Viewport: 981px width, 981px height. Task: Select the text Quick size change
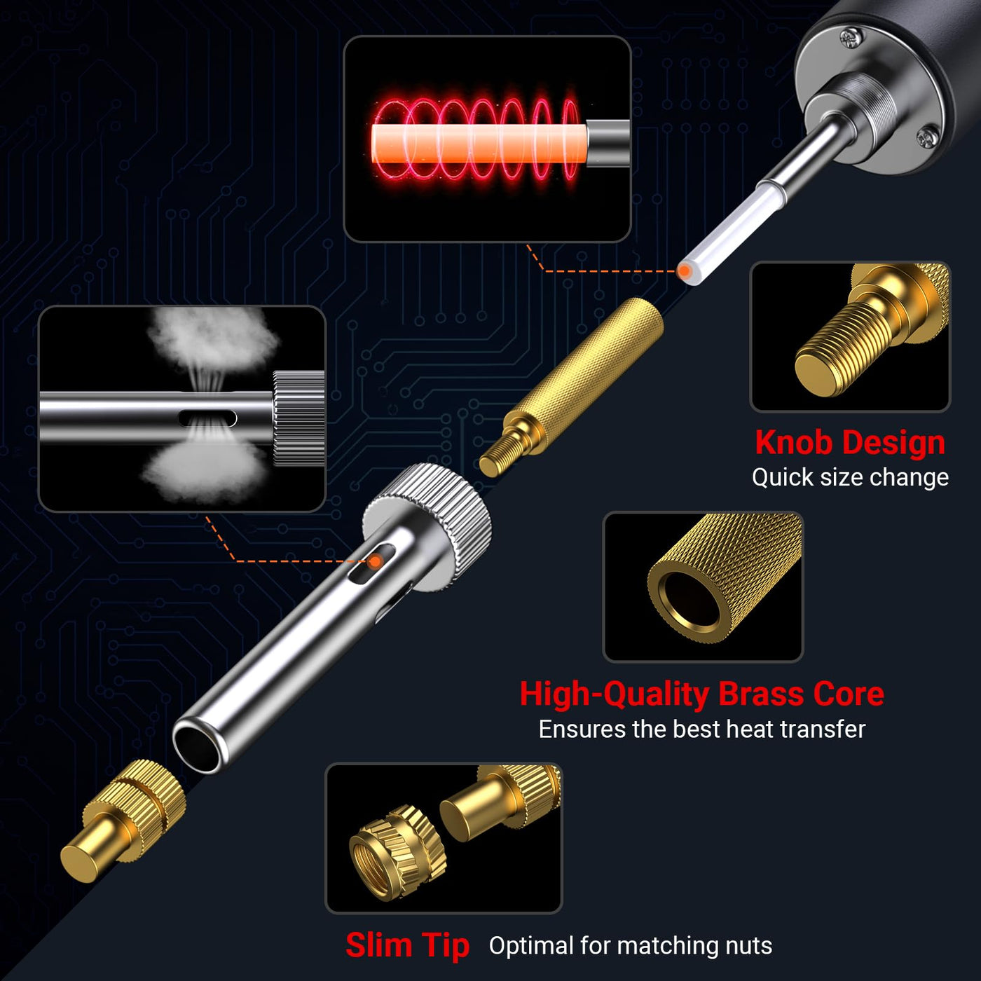(850, 477)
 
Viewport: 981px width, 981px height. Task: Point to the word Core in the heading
(849, 694)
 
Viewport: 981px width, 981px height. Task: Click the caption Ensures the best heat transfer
(702, 729)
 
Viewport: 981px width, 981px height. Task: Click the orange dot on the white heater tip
(685, 270)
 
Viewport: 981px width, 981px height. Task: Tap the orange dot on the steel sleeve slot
(376, 561)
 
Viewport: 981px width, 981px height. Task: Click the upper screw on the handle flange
(851, 38)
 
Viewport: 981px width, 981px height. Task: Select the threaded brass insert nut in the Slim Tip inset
(398, 851)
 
